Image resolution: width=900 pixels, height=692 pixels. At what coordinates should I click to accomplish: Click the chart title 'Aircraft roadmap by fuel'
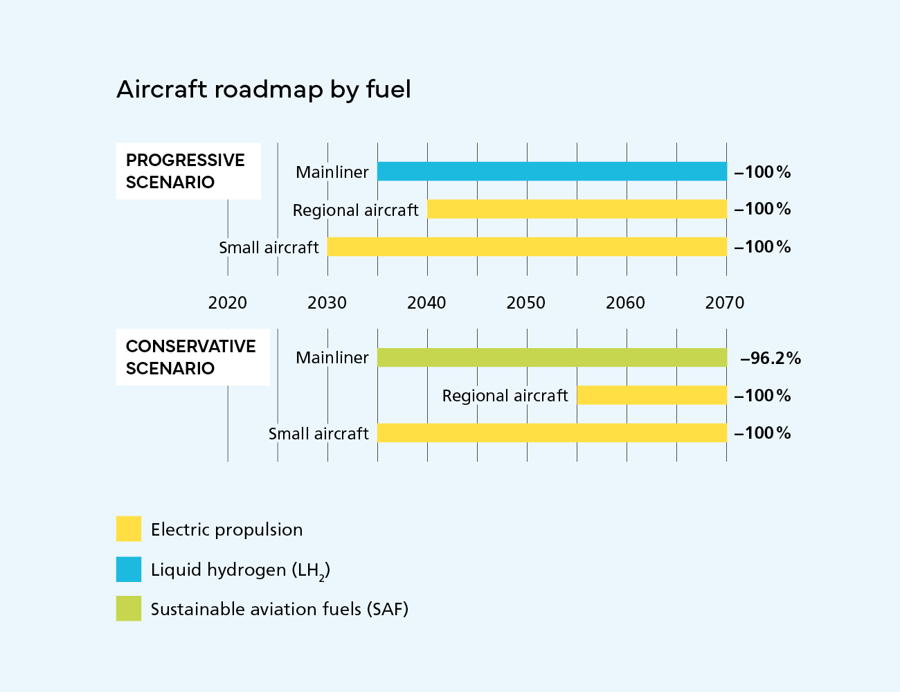(x=264, y=89)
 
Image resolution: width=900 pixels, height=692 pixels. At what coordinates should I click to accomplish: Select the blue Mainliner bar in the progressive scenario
(x=552, y=172)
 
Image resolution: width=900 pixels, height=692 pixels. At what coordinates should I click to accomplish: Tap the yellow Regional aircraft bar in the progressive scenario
(x=577, y=209)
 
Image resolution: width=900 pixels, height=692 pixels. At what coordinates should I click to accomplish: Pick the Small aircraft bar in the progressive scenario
(x=527, y=247)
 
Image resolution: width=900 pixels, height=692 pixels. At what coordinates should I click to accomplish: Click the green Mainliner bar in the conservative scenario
(x=552, y=358)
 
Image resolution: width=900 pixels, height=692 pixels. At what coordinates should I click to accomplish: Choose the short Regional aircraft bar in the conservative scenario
(x=651, y=395)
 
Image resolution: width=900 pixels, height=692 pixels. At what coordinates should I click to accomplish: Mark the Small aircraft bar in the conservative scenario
(x=552, y=433)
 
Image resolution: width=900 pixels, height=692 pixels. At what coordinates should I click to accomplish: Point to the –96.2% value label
(x=771, y=358)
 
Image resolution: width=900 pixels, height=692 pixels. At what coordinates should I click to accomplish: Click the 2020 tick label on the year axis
(x=227, y=302)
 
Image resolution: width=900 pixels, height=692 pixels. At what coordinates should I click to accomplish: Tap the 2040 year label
(x=426, y=302)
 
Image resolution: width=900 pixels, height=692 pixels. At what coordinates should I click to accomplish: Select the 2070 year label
(x=725, y=302)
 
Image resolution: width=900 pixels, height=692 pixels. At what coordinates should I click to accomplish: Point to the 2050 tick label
(x=526, y=302)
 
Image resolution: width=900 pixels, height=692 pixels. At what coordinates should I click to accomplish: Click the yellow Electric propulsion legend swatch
(x=129, y=529)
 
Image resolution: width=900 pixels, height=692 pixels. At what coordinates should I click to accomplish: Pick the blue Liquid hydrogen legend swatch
(x=129, y=570)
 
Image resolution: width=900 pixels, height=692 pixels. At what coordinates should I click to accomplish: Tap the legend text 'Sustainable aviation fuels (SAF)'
(x=280, y=609)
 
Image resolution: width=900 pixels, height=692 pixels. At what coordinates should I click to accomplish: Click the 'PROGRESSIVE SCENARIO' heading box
(x=188, y=171)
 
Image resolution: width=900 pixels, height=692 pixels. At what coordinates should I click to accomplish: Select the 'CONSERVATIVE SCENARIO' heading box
(x=192, y=357)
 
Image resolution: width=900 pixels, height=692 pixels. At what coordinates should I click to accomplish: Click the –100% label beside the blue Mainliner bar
(x=762, y=172)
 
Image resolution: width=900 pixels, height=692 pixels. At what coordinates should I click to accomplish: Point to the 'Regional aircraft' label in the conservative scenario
(x=505, y=396)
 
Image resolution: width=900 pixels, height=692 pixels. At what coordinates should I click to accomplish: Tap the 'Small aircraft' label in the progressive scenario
(x=269, y=248)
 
